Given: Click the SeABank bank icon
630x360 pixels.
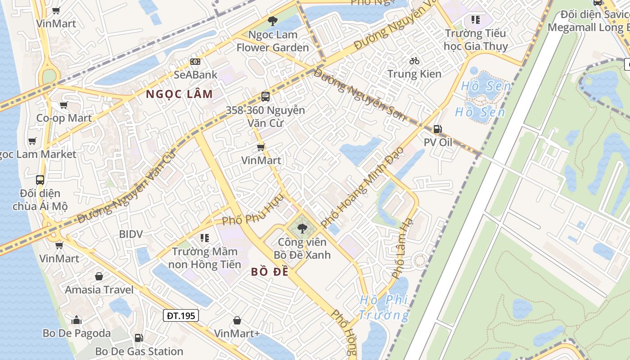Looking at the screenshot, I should [x=195, y=61].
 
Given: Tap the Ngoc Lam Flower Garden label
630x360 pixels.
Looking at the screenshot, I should [x=273, y=41].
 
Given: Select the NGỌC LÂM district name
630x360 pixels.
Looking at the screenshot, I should [x=179, y=94].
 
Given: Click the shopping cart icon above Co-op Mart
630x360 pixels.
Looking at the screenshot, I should [x=63, y=105].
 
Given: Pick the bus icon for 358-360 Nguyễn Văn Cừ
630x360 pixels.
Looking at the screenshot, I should [x=265, y=96].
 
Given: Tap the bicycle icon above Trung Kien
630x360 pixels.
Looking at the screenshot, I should [x=414, y=61].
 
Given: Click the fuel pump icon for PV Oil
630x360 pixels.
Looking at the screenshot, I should [x=437, y=129].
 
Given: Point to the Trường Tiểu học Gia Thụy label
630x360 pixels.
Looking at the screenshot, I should [x=476, y=40].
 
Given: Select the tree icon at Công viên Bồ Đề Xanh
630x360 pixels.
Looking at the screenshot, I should [x=302, y=229].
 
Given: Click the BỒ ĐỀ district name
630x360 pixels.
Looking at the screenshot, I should [x=269, y=272].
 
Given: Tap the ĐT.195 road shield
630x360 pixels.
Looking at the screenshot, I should [x=181, y=315].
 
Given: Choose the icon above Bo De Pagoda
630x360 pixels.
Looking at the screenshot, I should [x=76, y=320].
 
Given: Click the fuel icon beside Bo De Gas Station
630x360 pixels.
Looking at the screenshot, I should [x=139, y=337].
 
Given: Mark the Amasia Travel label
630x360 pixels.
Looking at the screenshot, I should [x=99, y=289].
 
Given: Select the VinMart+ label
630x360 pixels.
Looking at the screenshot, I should [x=237, y=333].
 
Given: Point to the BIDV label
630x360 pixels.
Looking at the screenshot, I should [x=131, y=234].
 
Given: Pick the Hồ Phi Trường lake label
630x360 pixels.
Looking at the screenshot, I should [x=384, y=307].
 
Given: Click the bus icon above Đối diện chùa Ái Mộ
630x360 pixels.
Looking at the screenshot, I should [x=40, y=180].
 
